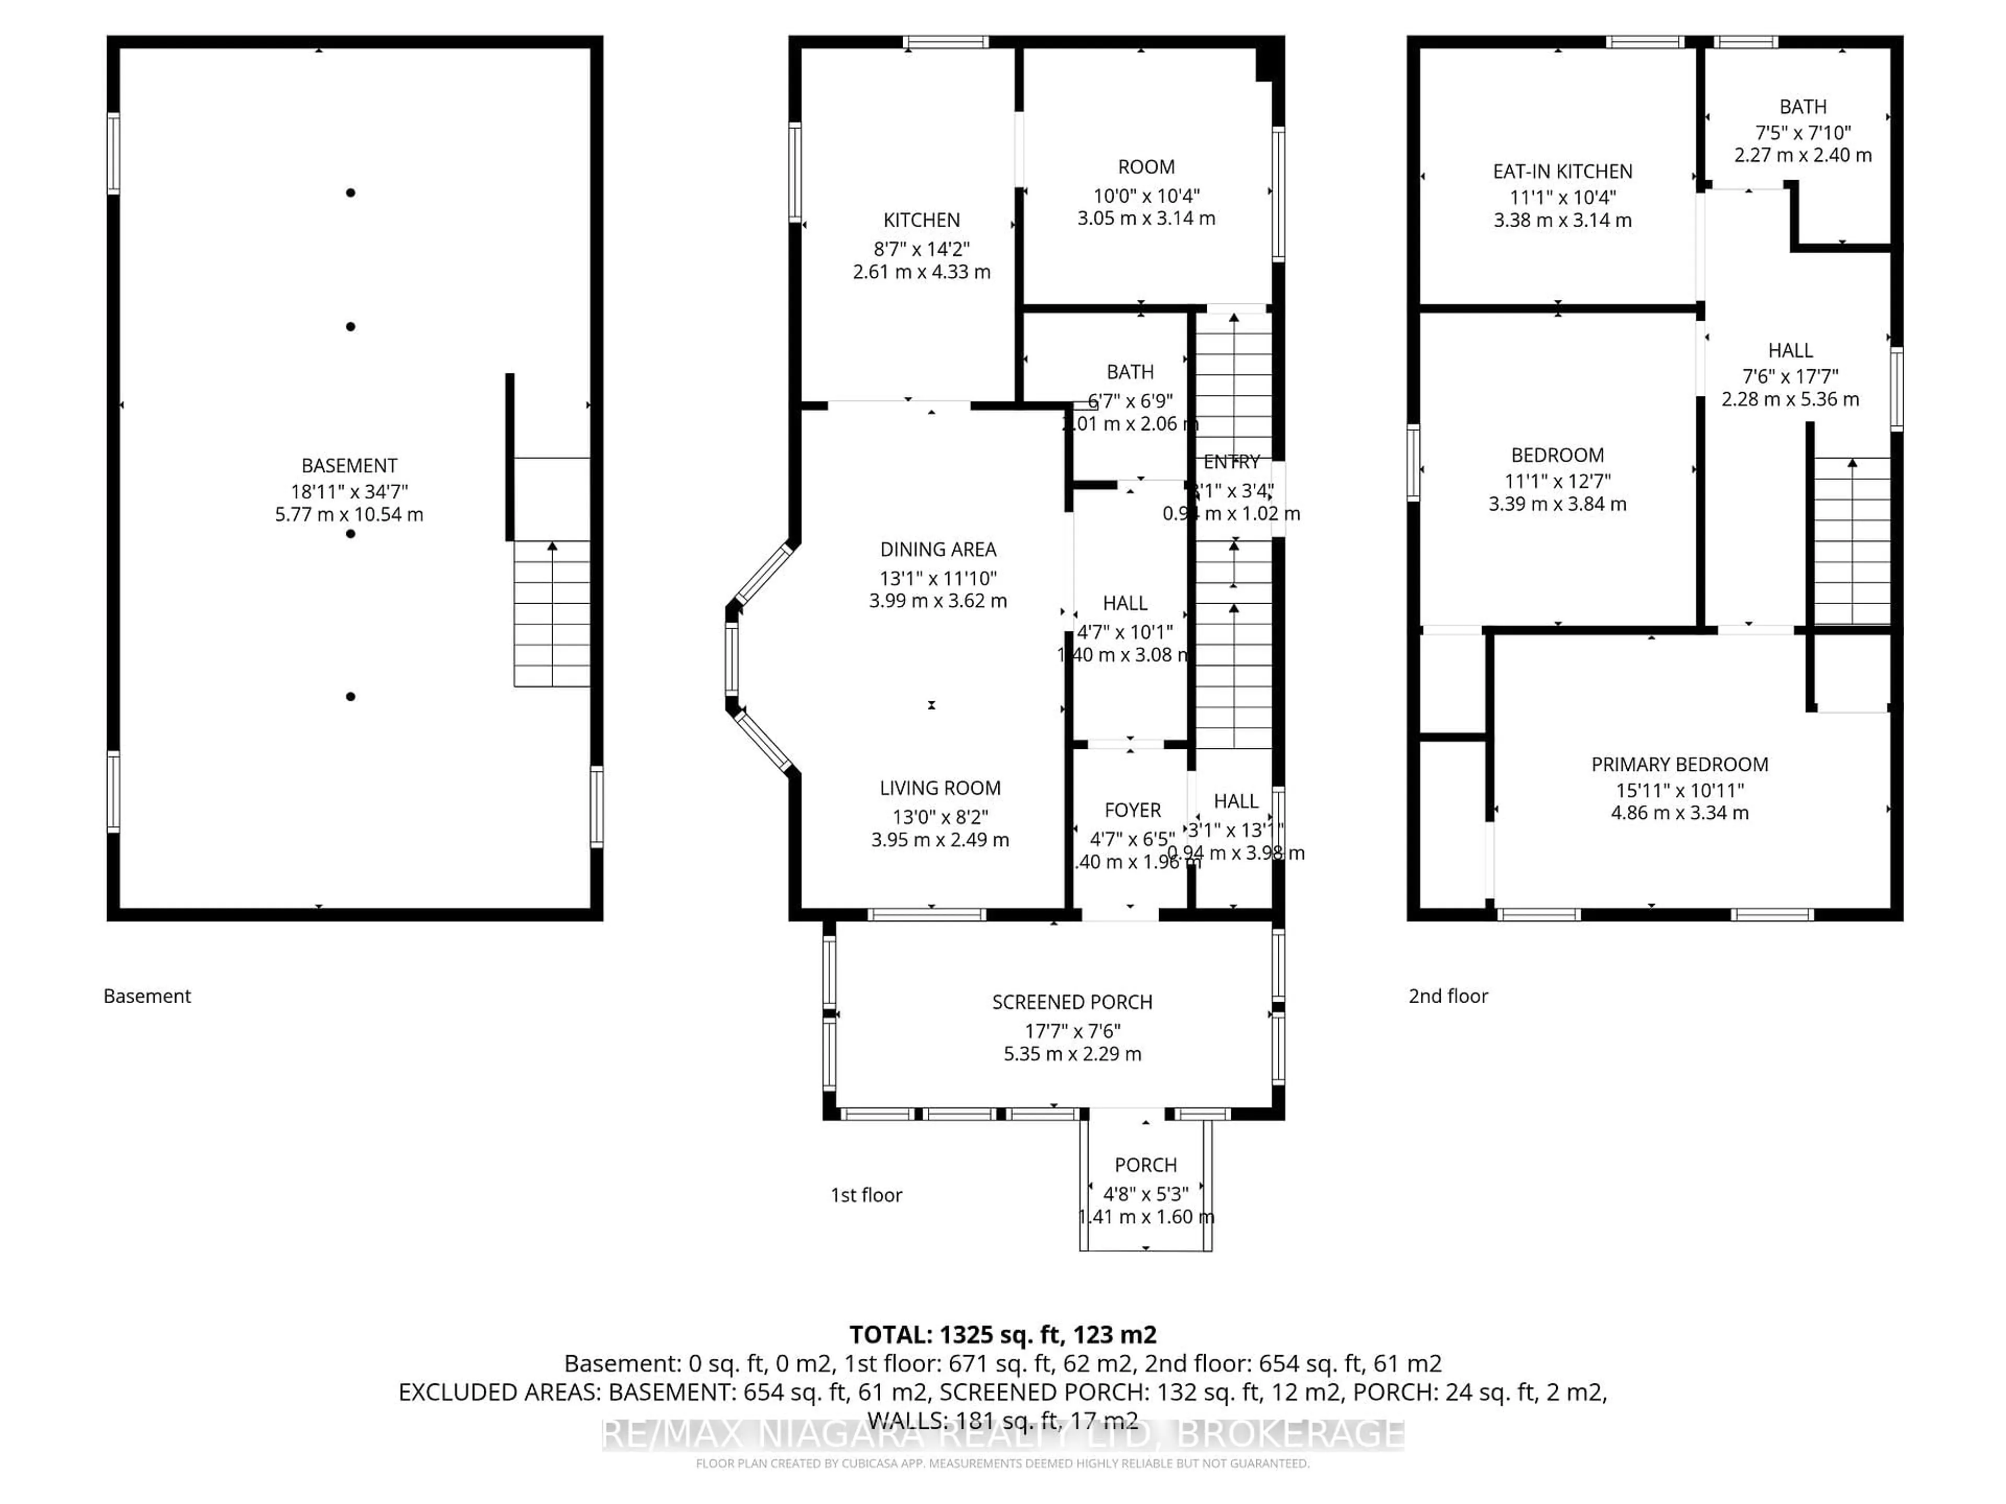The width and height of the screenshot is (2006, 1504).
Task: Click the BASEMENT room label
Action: pyautogui.click(x=349, y=466)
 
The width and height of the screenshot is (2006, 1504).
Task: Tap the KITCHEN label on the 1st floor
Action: pyautogui.click(x=922, y=220)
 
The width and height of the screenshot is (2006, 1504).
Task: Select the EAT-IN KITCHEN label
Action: pyautogui.click(x=1562, y=171)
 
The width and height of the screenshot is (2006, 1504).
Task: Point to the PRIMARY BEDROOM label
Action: pyautogui.click(x=1680, y=764)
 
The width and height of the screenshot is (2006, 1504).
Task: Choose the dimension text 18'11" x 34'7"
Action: pyautogui.click(x=349, y=491)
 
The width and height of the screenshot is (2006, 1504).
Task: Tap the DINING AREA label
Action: pyautogui.click(x=938, y=549)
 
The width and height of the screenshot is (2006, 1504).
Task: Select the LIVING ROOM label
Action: pyautogui.click(x=939, y=789)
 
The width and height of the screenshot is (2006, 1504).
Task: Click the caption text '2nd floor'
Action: pyautogui.click(x=1448, y=996)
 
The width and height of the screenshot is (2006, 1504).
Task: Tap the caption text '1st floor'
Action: pyautogui.click(x=866, y=1195)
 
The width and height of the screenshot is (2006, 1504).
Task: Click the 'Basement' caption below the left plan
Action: pyautogui.click(x=147, y=996)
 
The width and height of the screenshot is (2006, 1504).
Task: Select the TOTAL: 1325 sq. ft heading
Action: pyautogui.click(x=1002, y=1334)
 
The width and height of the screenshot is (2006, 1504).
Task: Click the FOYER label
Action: pyautogui.click(x=1132, y=810)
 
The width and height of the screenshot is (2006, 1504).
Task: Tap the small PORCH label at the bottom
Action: pyautogui.click(x=1146, y=1165)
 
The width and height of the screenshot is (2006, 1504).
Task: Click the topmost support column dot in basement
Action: pyautogui.click(x=350, y=192)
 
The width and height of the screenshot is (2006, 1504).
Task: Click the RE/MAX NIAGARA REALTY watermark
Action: pyautogui.click(x=1002, y=1434)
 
